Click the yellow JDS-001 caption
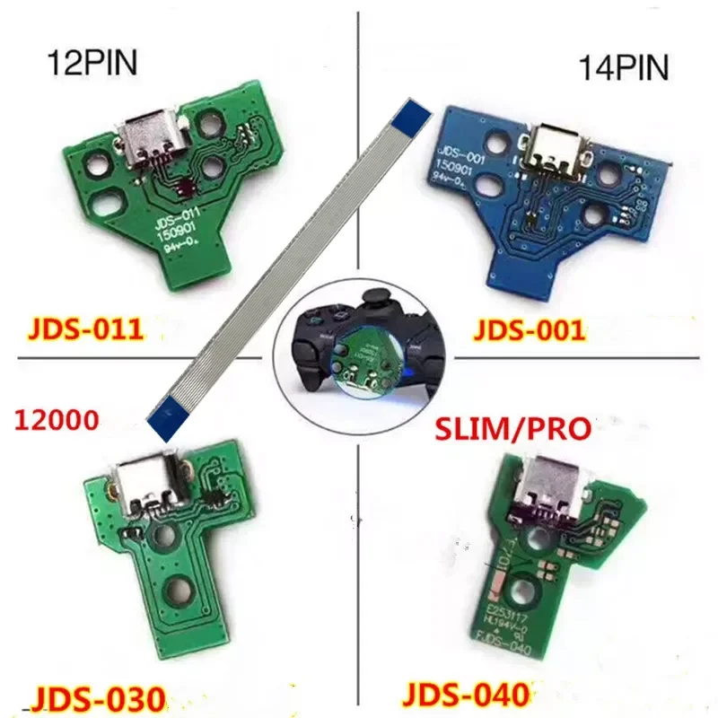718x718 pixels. [529, 329]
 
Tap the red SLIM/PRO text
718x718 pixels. [512, 428]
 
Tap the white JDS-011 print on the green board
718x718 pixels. [180, 214]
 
